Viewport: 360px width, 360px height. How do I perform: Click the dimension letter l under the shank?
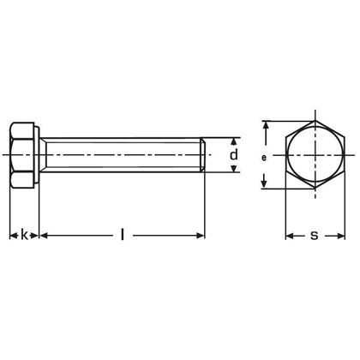122,233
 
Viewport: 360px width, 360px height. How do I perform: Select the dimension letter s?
314,233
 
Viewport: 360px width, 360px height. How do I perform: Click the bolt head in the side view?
23,155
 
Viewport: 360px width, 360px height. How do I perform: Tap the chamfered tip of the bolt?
204,155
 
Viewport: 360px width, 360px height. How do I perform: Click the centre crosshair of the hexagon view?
314,155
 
